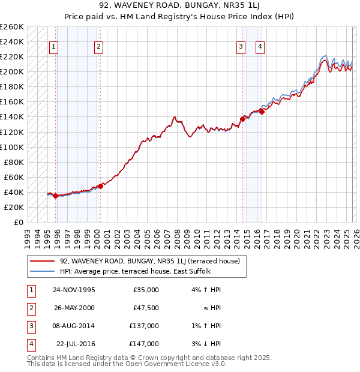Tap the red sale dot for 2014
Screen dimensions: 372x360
(242, 119)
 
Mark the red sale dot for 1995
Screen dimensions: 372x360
(56, 196)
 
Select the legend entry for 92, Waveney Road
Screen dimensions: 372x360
(150, 261)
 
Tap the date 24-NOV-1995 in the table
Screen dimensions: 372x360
(74, 290)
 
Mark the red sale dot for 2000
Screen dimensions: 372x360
(100, 186)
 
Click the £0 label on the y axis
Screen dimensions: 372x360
(19, 222)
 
